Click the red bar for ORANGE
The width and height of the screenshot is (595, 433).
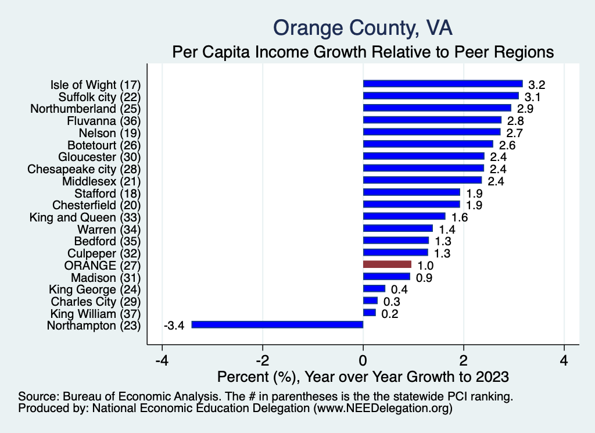tap(387, 264)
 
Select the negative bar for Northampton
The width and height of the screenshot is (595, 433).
tap(277, 325)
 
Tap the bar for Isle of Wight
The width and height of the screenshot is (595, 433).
tap(443, 84)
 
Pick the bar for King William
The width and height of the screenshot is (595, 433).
tap(370, 313)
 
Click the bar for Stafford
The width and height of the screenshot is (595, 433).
tap(411, 192)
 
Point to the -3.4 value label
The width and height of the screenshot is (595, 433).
tap(174, 325)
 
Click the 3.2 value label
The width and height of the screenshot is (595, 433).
tap(536, 84)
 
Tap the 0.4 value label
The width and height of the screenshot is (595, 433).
tap(399, 289)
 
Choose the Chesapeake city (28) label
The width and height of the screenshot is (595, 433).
tap(84, 169)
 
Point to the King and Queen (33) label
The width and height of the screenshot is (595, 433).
tap(85, 217)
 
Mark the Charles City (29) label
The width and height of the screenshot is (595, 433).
tap(96, 301)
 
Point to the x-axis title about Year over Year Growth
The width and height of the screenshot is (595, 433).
tap(363, 377)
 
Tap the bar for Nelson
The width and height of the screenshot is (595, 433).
tap(431, 132)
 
